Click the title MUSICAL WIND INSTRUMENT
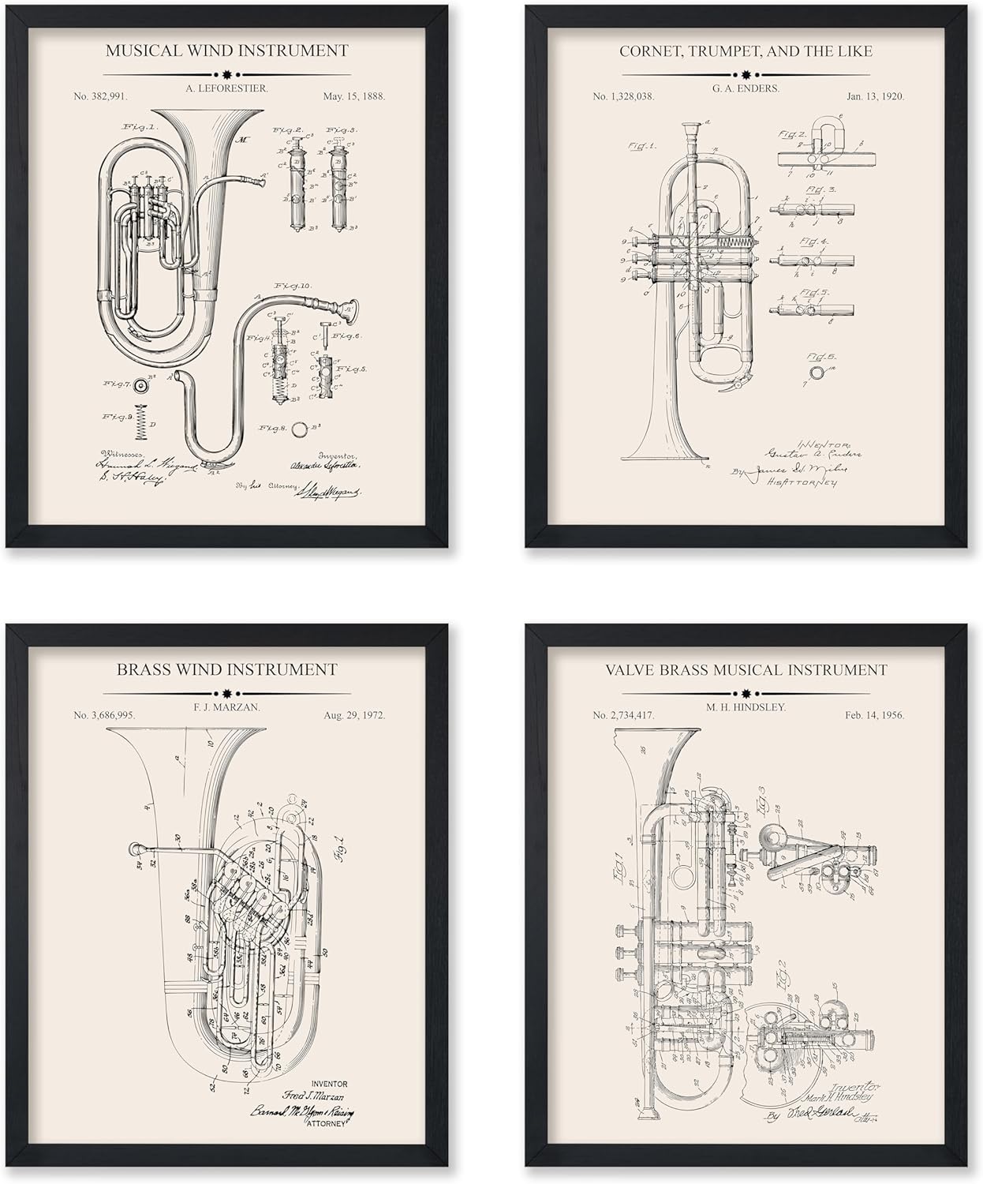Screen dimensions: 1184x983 click(x=226, y=51)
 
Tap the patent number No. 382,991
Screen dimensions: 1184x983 click(x=101, y=96)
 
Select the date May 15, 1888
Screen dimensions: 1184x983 click(x=353, y=96)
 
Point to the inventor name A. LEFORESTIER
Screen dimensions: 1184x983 click(x=226, y=89)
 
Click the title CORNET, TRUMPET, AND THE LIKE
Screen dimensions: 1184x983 click(x=746, y=51)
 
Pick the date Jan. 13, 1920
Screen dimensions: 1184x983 click(x=875, y=96)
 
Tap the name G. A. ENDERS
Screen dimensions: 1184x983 click(x=746, y=89)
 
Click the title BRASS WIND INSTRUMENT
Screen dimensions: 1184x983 click(x=227, y=670)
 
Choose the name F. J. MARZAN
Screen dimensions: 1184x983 click(x=226, y=708)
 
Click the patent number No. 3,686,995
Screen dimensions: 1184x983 click(x=105, y=715)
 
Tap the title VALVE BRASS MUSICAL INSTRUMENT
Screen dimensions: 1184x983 click(x=746, y=670)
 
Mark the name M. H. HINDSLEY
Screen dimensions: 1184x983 click(x=746, y=708)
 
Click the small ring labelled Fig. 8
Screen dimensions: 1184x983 click(x=300, y=430)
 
